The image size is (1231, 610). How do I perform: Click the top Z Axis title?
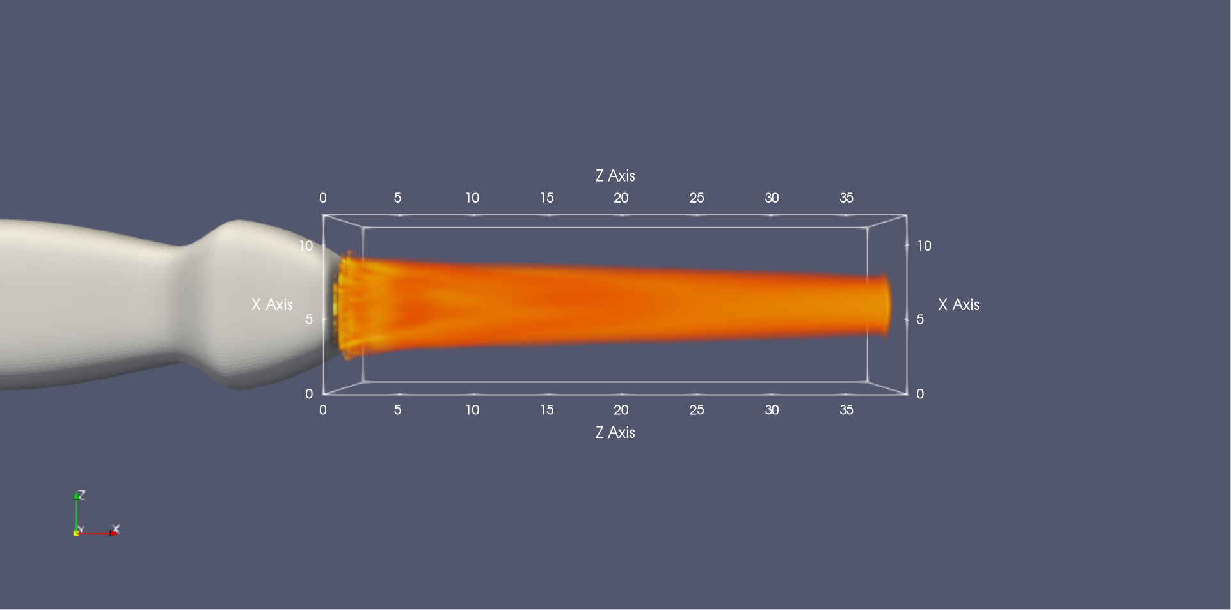[615, 176]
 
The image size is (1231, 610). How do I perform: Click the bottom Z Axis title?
[615, 433]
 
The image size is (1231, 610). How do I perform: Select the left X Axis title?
[272, 305]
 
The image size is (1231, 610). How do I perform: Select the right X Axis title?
[958, 305]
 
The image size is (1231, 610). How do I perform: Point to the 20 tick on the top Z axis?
[621, 198]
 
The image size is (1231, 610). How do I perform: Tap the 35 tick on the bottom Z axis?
[846, 410]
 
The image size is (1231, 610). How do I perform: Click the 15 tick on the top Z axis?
[546, 198]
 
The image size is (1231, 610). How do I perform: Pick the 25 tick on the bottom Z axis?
[697, 410]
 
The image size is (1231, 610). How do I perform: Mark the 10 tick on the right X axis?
[925, 246]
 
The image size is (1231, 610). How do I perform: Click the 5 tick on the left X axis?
[309, 319]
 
